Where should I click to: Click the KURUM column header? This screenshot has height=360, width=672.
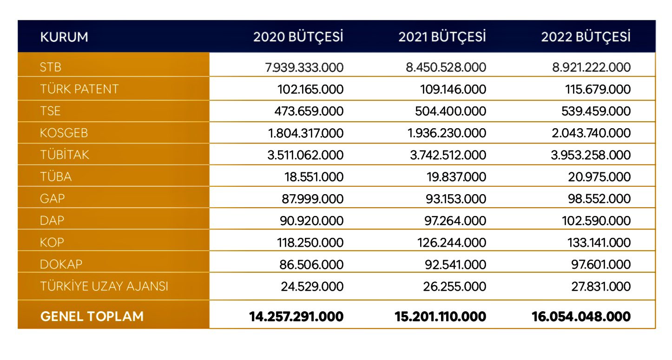point(64,37)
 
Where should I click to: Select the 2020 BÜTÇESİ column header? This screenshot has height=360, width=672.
point(298,37)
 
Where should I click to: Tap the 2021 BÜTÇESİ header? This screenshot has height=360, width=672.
point(442,37)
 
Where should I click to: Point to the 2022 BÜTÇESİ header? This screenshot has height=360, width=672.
point(586,37)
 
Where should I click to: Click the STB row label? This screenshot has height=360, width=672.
point(51,67)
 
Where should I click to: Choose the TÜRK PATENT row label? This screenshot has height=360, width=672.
point(79,89)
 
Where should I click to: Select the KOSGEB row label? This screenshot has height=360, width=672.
point(64,133)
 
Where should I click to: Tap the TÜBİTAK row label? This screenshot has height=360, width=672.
point(65,155)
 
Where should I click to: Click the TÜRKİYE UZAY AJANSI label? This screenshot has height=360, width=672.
point(104,287)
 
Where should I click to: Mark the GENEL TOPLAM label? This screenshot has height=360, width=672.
point(92,317)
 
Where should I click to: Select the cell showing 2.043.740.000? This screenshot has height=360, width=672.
point(591,133)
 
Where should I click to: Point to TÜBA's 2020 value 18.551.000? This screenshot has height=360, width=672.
point(315,177)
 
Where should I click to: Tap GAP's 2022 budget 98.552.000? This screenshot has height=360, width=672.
point(601,199)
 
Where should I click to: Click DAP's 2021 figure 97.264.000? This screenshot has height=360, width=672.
point(456,221)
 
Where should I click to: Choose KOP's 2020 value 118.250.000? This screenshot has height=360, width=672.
point(311,242)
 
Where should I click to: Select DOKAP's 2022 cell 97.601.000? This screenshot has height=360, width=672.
point(601,264)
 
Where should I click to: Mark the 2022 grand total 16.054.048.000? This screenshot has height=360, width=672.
point(581,317)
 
